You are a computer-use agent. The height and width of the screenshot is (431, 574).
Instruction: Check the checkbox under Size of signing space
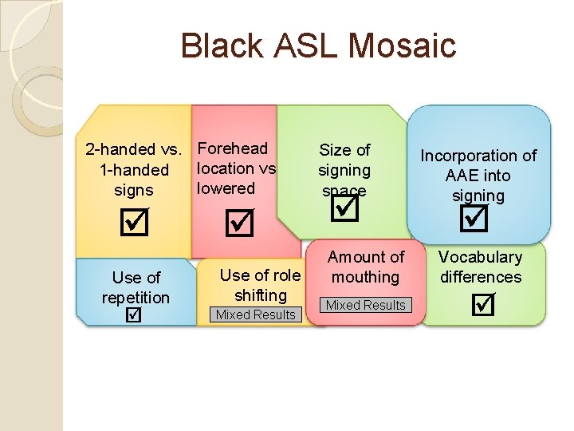tap(346, 209)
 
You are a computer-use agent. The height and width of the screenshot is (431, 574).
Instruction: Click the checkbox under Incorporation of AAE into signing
tap(476, 216)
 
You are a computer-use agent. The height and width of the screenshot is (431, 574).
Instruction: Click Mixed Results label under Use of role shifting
tap(256, 314)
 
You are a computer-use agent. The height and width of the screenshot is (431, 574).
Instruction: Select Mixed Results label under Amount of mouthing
tap(366, 305)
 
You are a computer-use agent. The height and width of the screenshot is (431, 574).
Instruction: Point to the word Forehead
tap(233, 148)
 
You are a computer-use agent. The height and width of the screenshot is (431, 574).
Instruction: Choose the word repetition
tap(136, 298)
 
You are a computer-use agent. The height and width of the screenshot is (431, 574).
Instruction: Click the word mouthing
tap(366, 277)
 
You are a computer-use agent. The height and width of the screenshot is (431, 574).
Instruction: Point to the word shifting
tap(260, 295)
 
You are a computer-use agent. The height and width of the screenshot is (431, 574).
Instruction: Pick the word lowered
tap(226, 188)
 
